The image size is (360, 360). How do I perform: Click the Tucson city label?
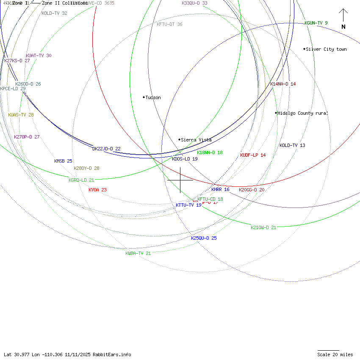pos(153,97)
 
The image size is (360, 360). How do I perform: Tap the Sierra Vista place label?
pos(196,140)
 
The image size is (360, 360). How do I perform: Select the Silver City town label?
pos(326,49)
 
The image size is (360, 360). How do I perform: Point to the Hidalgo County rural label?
pos(303,113)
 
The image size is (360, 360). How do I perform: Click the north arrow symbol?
pos(343,19)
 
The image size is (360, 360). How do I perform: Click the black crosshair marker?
pos(180,180)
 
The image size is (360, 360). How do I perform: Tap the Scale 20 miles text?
pos(335,354)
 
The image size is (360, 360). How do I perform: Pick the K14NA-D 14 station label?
pos(283,84)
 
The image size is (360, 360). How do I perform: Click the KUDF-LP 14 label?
pos(253,155)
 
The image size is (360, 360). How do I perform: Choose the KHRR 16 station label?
pos(220,189)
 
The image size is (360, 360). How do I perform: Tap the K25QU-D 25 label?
pos(204,238)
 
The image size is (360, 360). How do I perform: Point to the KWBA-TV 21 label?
pos(138,253)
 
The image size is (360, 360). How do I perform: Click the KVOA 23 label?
pos(97,190)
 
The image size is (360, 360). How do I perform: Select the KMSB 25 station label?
pos(63,161)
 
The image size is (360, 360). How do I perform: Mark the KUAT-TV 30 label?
pos(39,55)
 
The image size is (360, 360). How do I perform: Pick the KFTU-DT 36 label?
pos(169,24)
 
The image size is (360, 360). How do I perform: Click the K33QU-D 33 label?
pos(194,3)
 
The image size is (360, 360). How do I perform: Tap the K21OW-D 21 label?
pos(263,227)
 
